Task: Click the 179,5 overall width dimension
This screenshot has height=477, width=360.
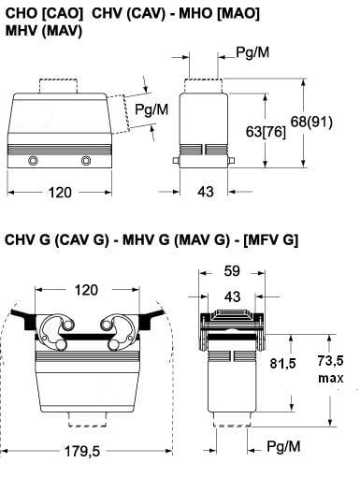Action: [x=82, y=451]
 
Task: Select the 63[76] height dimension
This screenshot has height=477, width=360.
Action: [x=266, y=132]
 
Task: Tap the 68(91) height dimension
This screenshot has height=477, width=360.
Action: [x=311, y=122]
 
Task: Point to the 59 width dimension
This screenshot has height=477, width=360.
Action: [x=232, y=271]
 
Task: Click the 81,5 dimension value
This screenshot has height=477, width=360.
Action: [x=282, y=363]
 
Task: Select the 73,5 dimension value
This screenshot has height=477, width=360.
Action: [x=330, y=361]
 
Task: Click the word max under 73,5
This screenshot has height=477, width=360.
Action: [x=331, y=378]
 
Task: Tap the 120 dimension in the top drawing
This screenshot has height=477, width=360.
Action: [x=60, y=193]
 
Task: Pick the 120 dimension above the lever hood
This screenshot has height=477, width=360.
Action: [x=86, y=290]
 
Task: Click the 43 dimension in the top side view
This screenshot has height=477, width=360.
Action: [x=206, y=192]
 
